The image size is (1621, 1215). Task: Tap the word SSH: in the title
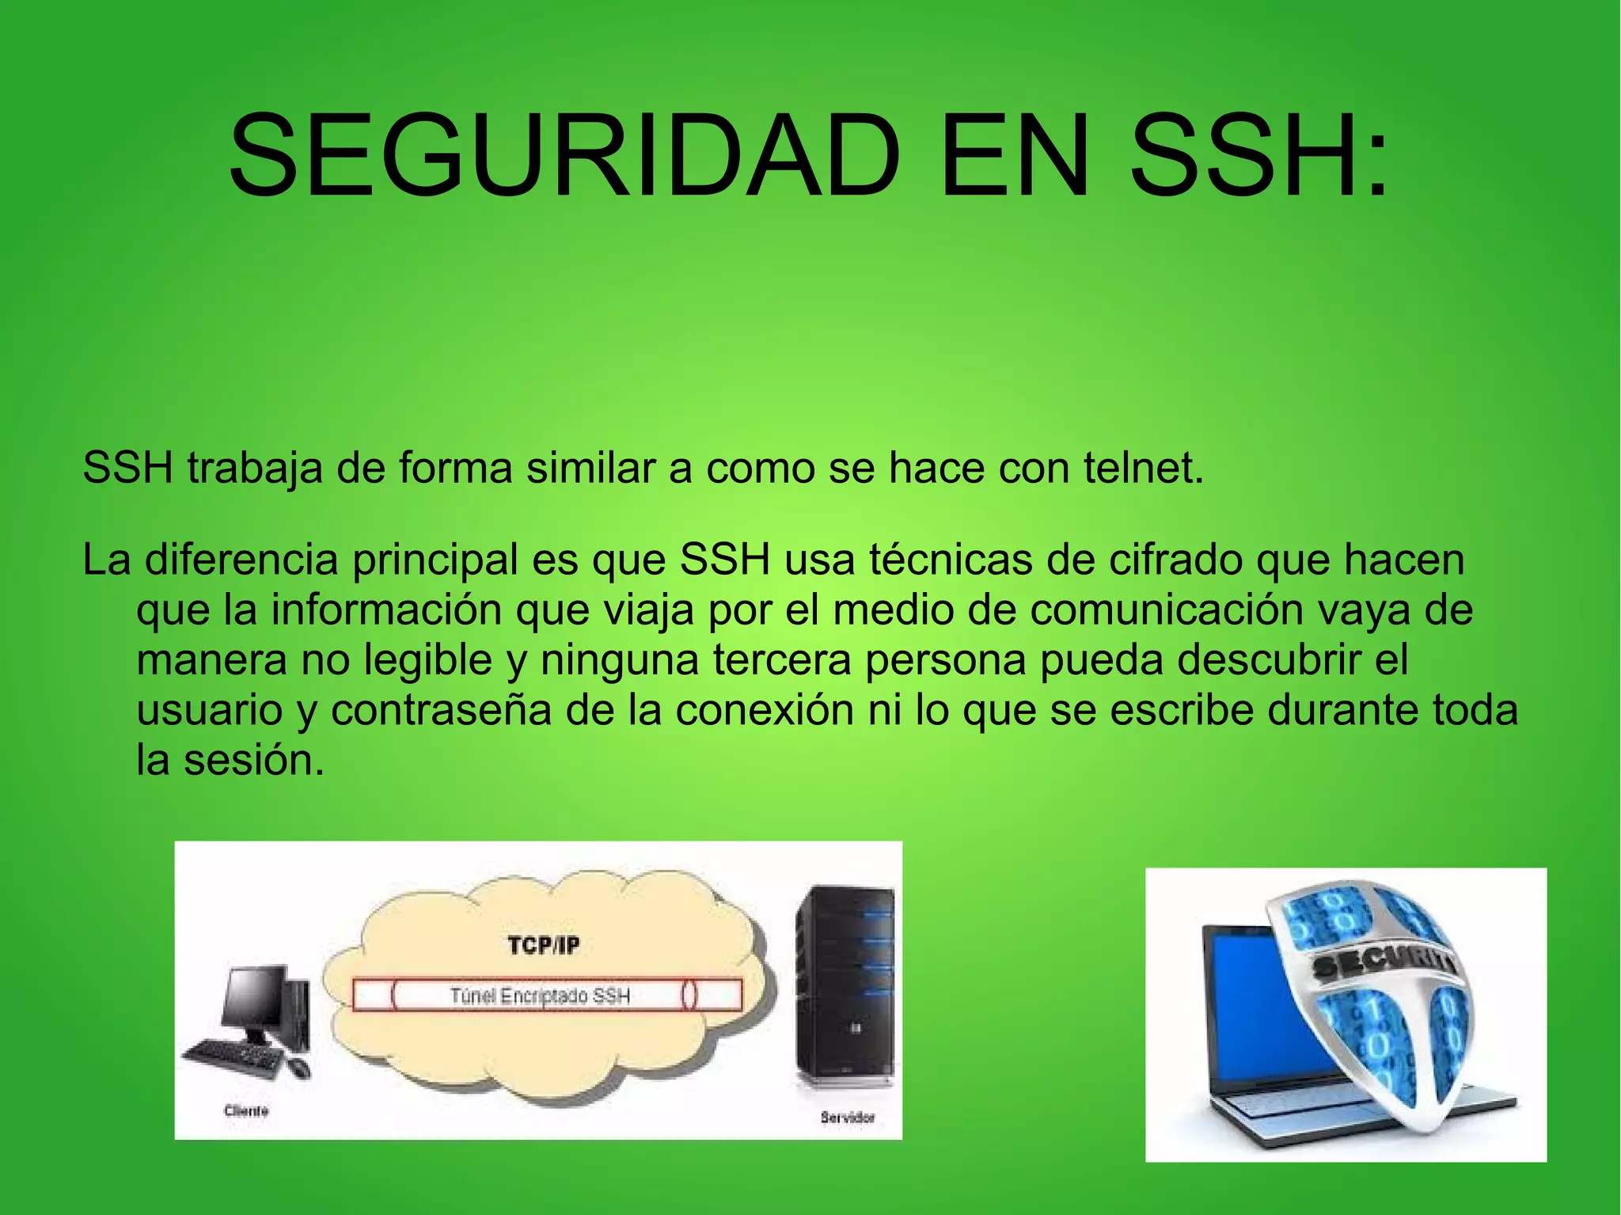[x=1259, y=156]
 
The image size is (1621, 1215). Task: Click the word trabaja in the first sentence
[x=255, y=468]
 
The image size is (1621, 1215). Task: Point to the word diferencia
[x=241, y=560]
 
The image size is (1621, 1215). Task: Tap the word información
[x=386, y=610]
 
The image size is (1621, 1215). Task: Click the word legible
[x=427, y=661]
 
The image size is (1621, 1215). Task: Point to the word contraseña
[x=441, y=710]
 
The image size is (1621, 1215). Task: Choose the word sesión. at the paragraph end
[x=254, y=761]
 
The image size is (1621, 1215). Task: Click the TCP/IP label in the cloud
[x=544, y=945]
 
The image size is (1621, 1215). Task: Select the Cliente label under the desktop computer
[x=246, y=1111]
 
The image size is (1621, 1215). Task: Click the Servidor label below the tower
[x=848, y=1118]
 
